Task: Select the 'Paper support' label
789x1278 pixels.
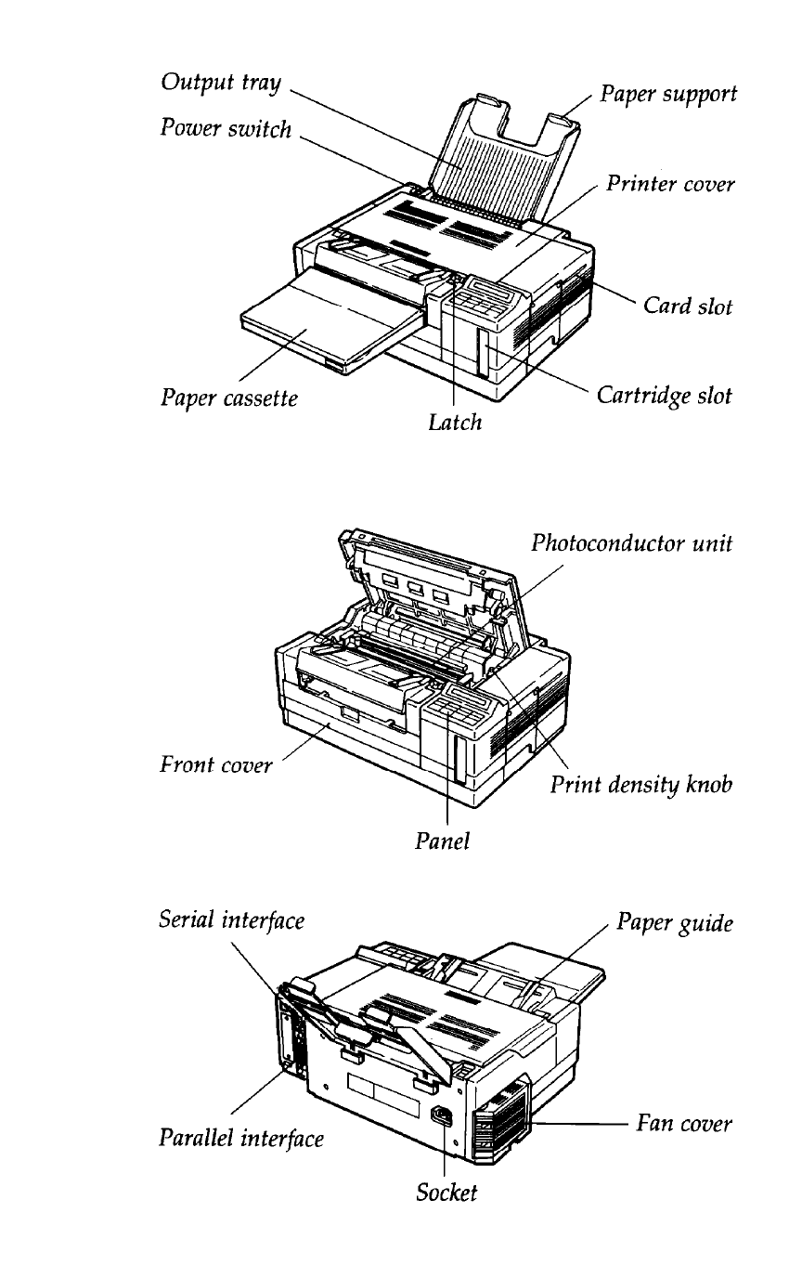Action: (x=668, y=95)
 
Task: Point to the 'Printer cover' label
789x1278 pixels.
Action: (x=670, y=184)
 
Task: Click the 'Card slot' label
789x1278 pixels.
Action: (x=689, y=306)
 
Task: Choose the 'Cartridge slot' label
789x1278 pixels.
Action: (x=664, y=396)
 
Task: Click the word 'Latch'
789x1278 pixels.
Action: (x=456, y=423)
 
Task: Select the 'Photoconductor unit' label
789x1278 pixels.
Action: (x=632, y=543)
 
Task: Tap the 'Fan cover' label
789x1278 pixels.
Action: (x=684, y=1124)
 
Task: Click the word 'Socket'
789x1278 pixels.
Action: (x=446, y=1193)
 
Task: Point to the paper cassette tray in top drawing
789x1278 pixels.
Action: (x=316, y=325)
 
